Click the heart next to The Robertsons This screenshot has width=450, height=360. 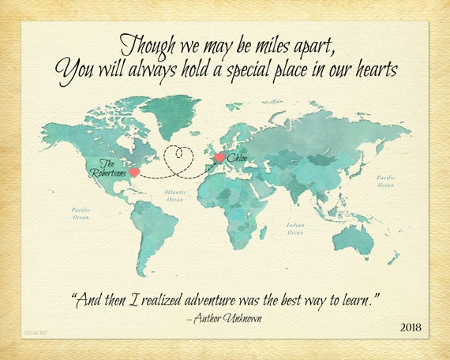click(x=134, y=171)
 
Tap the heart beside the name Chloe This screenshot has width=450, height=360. click(x=219, y=159)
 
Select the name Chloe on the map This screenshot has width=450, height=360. click(x=238, y=159)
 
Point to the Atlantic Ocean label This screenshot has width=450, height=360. click(x=174, y=195)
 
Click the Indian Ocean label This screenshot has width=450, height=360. click(x=295, y=228)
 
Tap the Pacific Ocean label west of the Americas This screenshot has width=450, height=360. click(x=81, y=213)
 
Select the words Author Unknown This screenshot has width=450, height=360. click(x=227, y=317)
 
